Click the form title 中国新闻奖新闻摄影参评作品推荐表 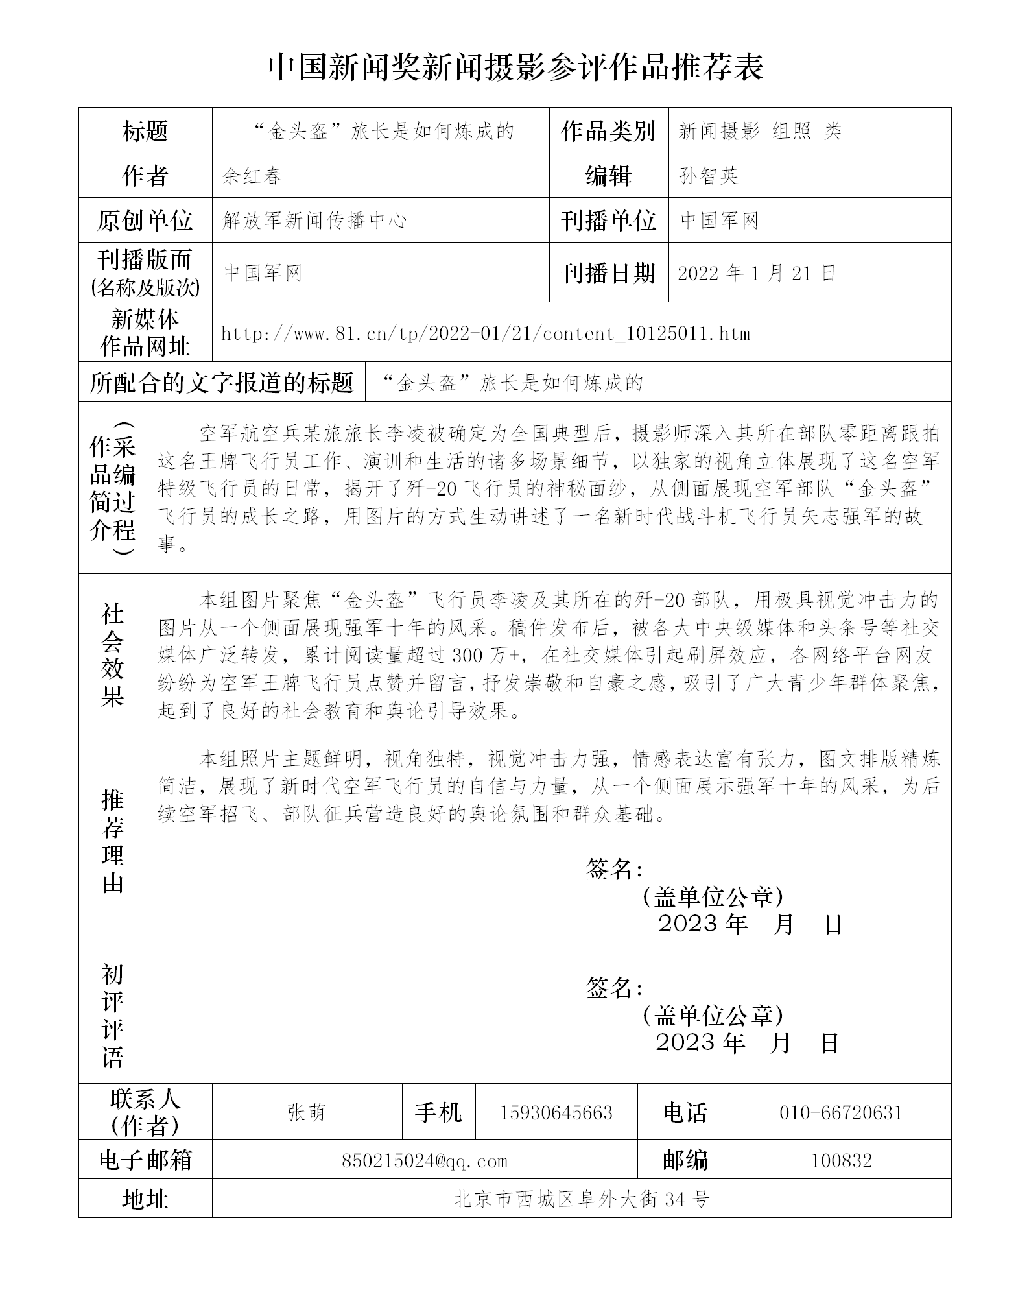[x=516, y=67]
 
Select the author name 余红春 [x=253, y=176]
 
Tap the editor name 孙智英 [x=708, y=176]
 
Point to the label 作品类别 [x=608, y=131]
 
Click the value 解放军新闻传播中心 [x=314, y=221]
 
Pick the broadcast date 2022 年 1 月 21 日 [x=756, y=273]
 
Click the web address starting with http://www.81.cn [x=485, y=334]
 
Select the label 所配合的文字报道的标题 [x=222, y=383]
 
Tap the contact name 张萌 [x=306, y=1113]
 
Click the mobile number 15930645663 [x=556, y=1113]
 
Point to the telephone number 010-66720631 [x=841, y=1113]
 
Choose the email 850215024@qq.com [x=424, y=1161]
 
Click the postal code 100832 [x=841, y=1161]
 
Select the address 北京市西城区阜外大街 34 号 [x=581, y=1199]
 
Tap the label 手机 [x=438, y=1113]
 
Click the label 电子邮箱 [x=145, y=1161]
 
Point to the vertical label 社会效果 [x=113, y=654]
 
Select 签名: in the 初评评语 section [x=613, y=988]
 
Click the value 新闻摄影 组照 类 [x=760, y=131]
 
